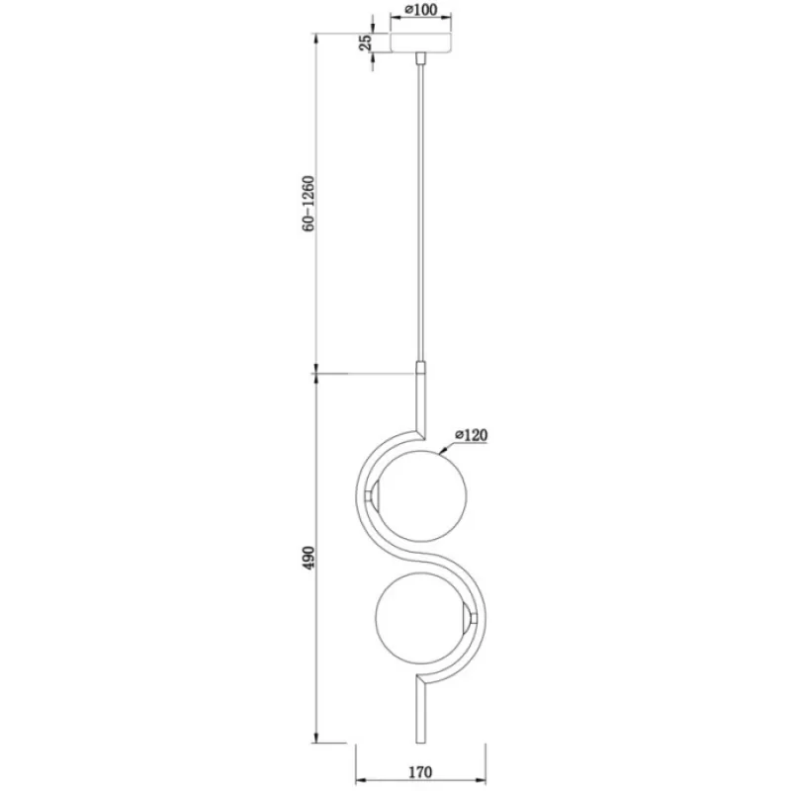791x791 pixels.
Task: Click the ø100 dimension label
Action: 421,9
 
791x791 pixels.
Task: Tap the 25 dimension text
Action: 366,43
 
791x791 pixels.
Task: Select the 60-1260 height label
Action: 308,204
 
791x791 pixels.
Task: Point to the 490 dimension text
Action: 308,558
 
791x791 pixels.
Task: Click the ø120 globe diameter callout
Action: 472,434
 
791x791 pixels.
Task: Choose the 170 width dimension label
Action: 420,772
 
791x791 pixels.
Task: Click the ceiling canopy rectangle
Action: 421,43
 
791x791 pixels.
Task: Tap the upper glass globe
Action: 422,495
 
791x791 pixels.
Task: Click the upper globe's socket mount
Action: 373,495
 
